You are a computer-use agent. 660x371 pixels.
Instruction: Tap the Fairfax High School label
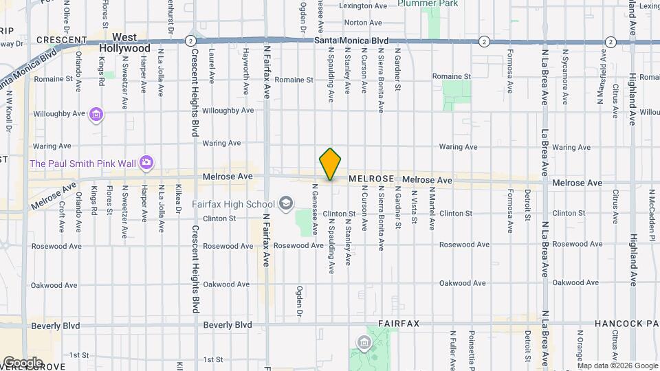click(x=232, y=204)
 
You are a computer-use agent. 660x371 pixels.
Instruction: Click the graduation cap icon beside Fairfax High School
click(x=285, y=204)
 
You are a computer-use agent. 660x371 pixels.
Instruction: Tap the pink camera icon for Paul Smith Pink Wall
click(x=146, y=163)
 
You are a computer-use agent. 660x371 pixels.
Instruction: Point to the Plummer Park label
click(x=427, y=3)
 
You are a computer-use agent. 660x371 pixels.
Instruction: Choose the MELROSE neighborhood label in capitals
click(x=371, y=179)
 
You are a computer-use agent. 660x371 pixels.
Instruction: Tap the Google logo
click(x=22, y=362)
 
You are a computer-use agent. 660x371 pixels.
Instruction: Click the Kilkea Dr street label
click(x=178, y=198)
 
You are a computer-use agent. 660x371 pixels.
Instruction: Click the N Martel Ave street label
click(x=432, y=213)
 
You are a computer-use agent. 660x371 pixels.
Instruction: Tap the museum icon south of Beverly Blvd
click(x=363, y=342)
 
